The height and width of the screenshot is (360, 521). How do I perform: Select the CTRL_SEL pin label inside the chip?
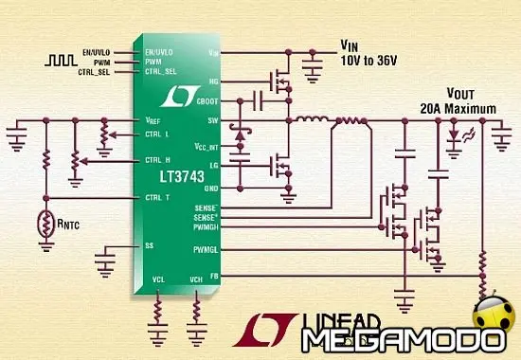point(162,71)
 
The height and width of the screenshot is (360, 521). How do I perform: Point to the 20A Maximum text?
point(458,109)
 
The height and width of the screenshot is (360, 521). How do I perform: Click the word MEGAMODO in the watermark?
point(389,338)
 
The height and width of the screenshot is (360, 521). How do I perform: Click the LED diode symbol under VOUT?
point(452,135)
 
